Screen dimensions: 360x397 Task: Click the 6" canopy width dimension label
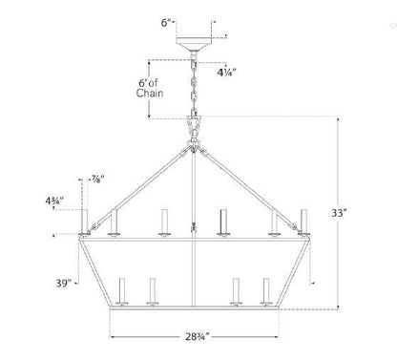coord(167,20)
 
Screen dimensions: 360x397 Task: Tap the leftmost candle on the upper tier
coord(84,220)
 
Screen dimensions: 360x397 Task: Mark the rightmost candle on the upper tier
coord(305,220)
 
